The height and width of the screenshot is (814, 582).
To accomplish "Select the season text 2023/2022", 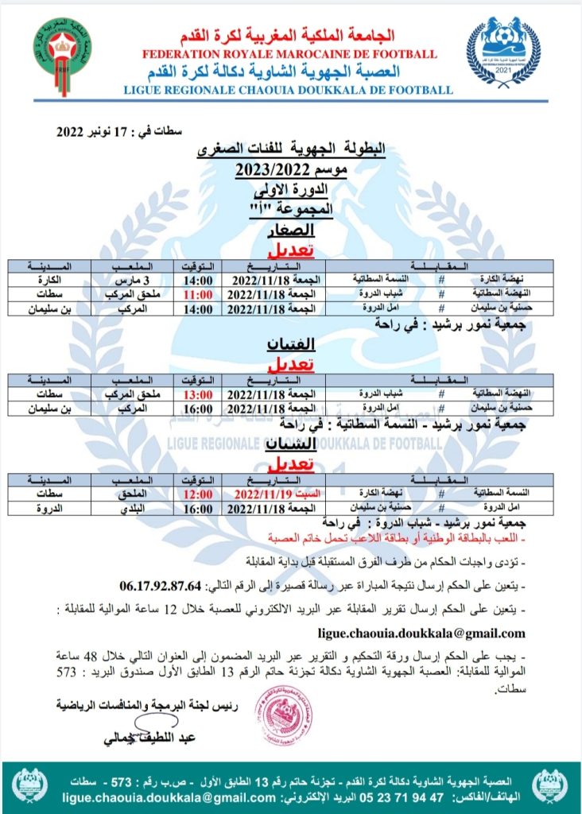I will point(291,169).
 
